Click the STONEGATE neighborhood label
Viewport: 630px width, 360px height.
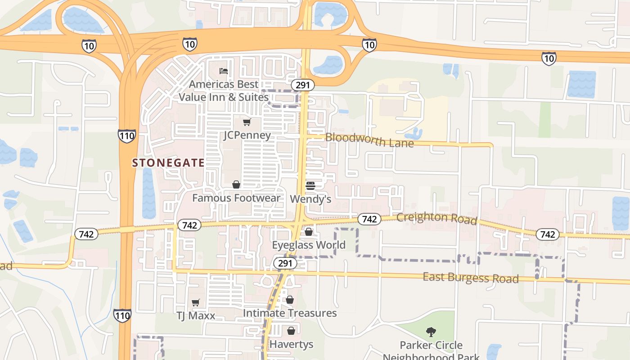[168, 163]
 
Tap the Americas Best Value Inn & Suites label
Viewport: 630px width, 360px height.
[224, 90]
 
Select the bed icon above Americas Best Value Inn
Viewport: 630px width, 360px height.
[224, 71]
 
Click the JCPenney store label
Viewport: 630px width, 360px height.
[247, 135]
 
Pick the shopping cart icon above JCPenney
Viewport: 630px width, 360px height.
[247, 122]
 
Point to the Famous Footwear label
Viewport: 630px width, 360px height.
[236, 198]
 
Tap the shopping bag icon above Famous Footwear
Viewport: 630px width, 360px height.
[236, 184]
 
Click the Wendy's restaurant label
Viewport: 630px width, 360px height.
[310, 199]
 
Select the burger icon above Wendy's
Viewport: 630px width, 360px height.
[310, 185]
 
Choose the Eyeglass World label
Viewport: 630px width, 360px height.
[309, 245]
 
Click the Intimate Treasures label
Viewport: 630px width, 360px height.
[290, 313]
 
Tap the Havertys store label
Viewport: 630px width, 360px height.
[291, 344]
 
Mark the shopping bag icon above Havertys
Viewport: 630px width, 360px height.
[291, 331]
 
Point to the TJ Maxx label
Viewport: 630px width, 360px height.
[196, 315]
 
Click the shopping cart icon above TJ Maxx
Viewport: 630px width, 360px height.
[196, 303]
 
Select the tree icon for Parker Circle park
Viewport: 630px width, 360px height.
[431, 332]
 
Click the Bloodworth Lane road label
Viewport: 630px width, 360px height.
[369, 140]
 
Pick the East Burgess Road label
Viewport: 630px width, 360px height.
[470, 278]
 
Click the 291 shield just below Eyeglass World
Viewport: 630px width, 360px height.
[285, 263]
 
